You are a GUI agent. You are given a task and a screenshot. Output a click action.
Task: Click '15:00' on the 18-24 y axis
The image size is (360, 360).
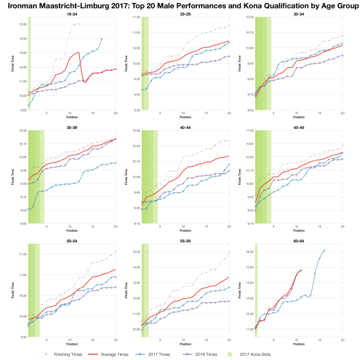[x=23, y=24]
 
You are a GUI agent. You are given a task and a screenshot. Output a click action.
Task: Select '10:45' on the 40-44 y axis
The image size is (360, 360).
[x=136, y=131]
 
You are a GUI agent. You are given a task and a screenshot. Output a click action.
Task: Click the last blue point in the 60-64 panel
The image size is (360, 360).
[x=324, y=250]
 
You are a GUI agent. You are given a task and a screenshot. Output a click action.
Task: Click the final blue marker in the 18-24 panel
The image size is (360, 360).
[x=102, y=38]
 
